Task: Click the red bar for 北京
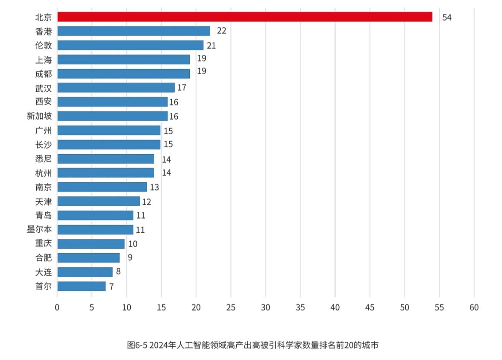click(x=244, y=17)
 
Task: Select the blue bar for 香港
click(x=133, y=31)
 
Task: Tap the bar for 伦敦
click(x=130, y=45)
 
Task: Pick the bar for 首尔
click(x=81, y=286)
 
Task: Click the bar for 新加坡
click(x=112, y=116)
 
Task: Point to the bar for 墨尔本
click(x=95, y=230)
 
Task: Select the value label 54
click(x=446, y=18)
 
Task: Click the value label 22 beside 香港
click(x=221, y=31)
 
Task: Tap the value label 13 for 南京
click(x=154, y=187)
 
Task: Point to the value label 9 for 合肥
click(x=130, y=258)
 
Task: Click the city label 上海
click(x=43, y=60)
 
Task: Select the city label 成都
click(x=43, y=74)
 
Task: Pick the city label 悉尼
click(x=43, y=159)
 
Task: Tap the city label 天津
click(x=43, y=201)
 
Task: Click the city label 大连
click(x=43, y=272)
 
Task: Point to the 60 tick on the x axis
click(x=474, y=307)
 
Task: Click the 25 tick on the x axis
click(x=231, y=307)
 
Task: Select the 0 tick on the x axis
click(x=57, y=307)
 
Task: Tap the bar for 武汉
click(x=116, y=88)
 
